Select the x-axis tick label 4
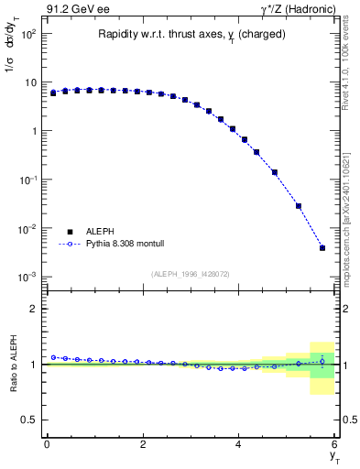pyautogui.click(x=239, y=443)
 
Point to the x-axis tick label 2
pyautogui.click(x=143, y=443)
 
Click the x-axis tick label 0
pyautogui.click(x=47, y=443)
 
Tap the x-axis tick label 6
pyautogui.click(x=335, y=443)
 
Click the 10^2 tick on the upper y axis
pyautogui.click(x=28, y=34)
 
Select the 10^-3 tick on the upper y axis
pyautogui.click(x=28, y=277)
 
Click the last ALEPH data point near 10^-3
pyautogui.click(x=322, y=247)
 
